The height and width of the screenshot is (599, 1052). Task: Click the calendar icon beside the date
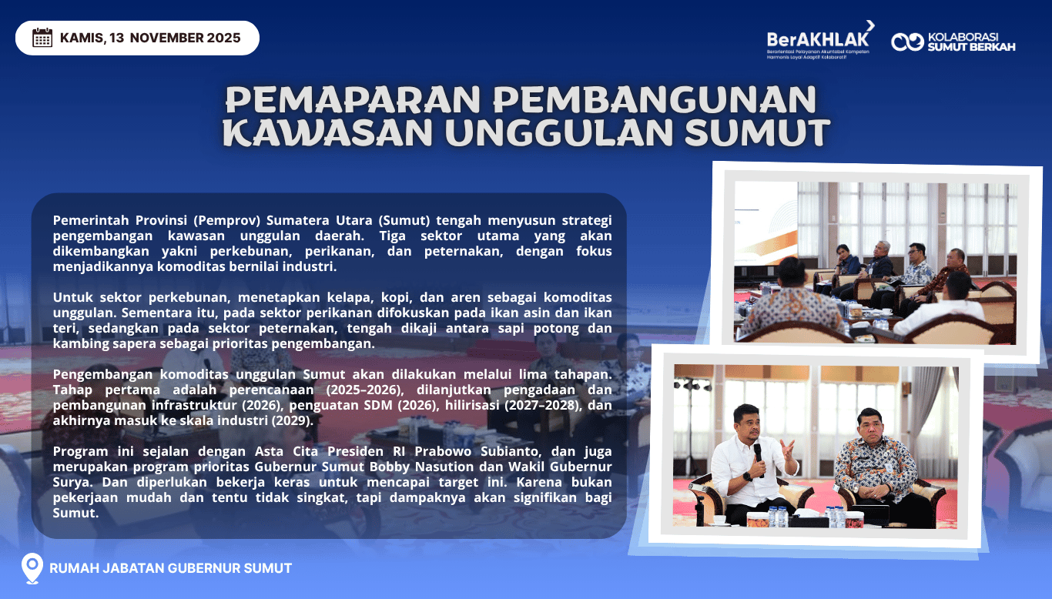(42, 38)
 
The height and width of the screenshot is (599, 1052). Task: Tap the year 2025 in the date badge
(223, 38)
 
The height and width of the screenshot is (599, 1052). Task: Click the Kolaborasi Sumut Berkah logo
(953, 42)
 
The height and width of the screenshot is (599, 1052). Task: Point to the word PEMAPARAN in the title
(353, 99)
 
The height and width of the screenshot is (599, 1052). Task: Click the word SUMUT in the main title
(757, 132)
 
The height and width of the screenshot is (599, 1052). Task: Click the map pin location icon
(32, 568)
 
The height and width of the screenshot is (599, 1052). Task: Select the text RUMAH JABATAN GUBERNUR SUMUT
(170, 568)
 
